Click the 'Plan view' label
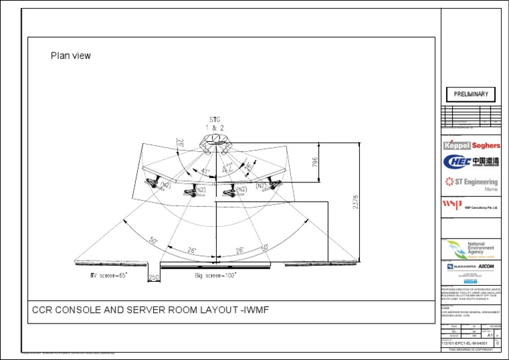click(71, 56)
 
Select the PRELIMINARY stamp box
click(471, 94)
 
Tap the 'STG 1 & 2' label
click(212, 123)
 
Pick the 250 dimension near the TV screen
click(154, 278)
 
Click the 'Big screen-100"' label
click(215, 274)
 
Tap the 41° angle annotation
click(205, 172)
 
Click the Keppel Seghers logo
click(471, 145)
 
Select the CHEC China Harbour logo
click(471, 161)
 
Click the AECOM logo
click(486, 266)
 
